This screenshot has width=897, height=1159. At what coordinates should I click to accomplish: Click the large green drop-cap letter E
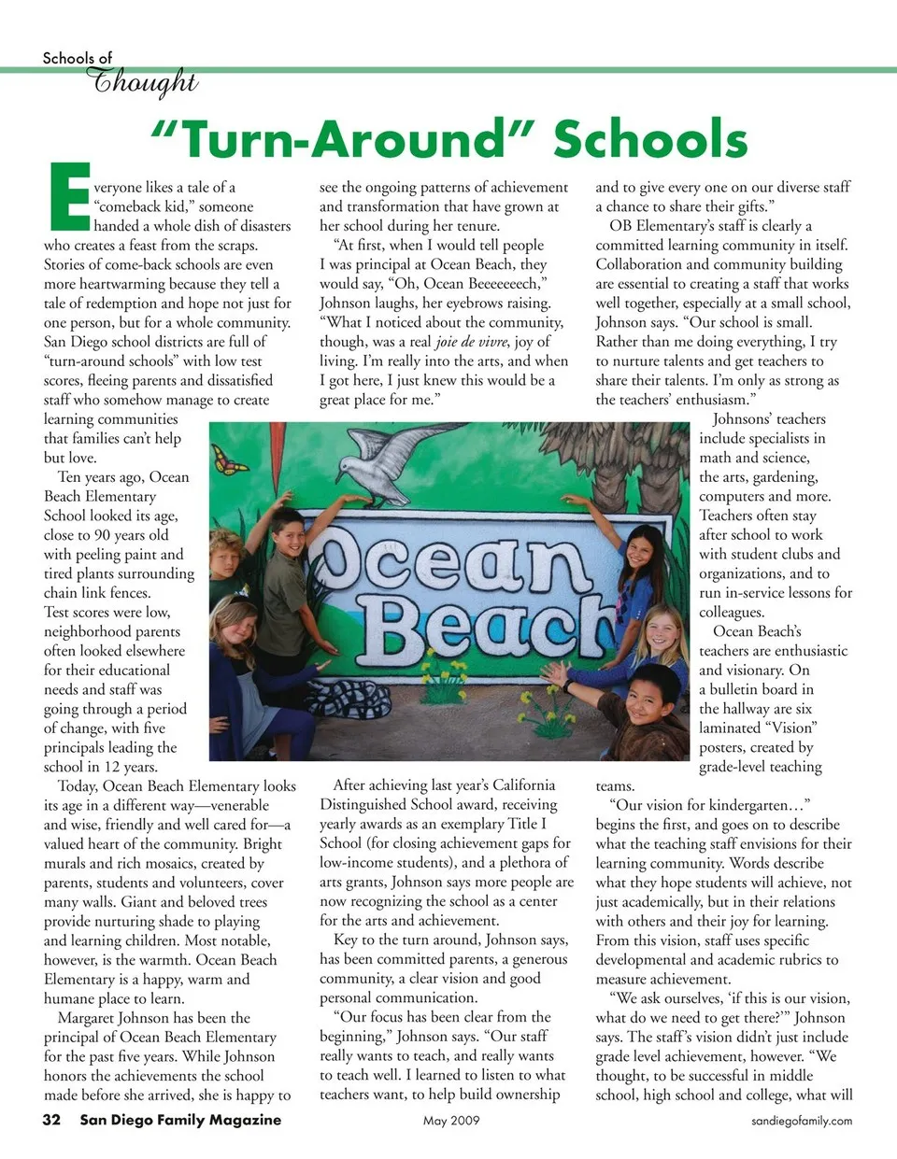66,197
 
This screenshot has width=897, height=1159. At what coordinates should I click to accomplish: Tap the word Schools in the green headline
650,139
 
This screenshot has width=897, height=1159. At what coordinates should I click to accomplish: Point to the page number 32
51,1120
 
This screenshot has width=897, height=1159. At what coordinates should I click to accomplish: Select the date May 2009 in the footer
450,1120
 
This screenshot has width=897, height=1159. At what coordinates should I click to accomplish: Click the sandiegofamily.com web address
802,1121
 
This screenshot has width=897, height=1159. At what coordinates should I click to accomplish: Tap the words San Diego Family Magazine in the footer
179,1120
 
